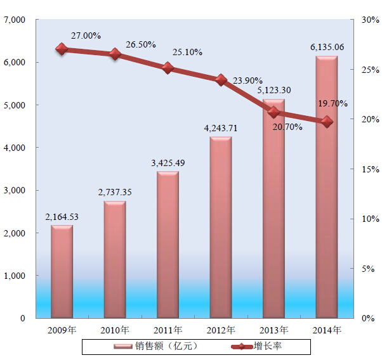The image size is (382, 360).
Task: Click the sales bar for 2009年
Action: point(62,271)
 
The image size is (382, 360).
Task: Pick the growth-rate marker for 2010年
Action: point(115,55)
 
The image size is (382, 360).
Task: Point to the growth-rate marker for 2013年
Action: point(273,112)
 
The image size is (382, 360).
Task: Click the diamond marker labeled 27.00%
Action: point(62,49)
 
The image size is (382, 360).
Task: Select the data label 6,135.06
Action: point(327,47)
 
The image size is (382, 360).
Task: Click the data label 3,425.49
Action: point(168,163)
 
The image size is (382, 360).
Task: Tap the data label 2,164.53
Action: point(62,217)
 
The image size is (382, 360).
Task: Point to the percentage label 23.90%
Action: point(247,81)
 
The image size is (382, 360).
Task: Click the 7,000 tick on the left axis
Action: point(13,20)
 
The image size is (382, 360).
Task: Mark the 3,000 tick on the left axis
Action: point(13,190)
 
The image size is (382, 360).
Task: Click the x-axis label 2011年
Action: point(168,330)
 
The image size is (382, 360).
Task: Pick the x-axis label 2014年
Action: point(327,330)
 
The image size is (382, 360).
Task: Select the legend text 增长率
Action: point(268,347)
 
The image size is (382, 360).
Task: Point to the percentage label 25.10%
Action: point(188,51)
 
